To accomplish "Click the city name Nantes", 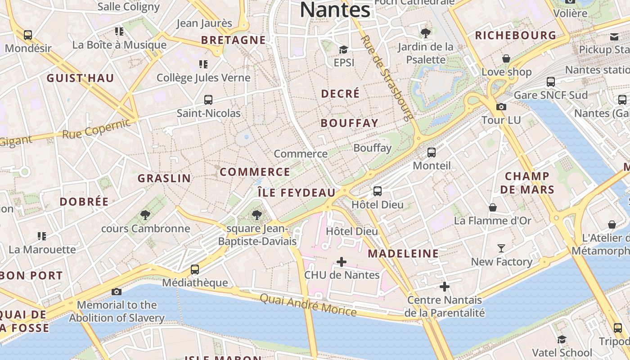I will pos(335,10).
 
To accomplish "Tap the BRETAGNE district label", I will pos(233,40).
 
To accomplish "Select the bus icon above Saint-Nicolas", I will pos(208,100).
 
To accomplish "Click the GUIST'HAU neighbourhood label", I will pos(81,78).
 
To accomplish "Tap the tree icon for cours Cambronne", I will pos(145,215).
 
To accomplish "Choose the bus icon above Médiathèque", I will pos(195,270).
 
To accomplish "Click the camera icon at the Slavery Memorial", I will pos(117,292).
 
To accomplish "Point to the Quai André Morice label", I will pos(308,306).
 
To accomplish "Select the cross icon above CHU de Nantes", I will pos(342,261).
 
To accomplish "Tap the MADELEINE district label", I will pos(403,254).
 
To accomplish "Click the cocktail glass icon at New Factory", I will pos(501,248).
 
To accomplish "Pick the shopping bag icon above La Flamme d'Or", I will pos(493,207).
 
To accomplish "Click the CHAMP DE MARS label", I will pos(527,183).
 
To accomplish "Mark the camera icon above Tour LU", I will pos(501,107).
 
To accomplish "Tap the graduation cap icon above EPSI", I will pos(344,49).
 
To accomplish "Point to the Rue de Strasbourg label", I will pos(387,78).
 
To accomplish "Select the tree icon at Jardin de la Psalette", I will pos(425,33).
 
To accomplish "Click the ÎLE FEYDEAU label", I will pos(297,193).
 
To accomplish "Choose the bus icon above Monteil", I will pos(432,153).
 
